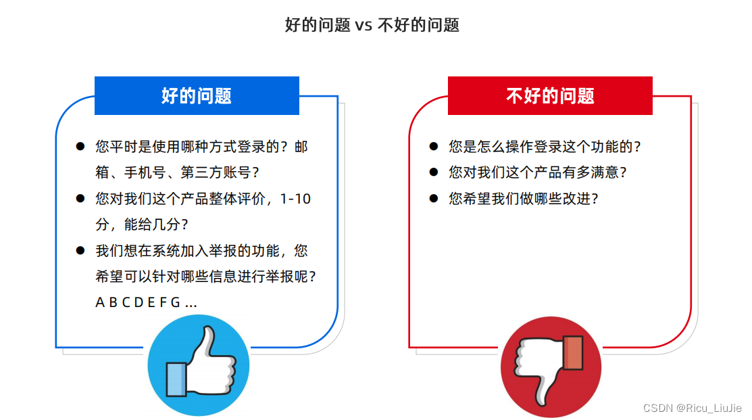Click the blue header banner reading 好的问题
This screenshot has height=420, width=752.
(197, 95)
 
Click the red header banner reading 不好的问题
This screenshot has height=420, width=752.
(550, 95)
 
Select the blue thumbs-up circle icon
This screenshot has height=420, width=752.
(199, 366)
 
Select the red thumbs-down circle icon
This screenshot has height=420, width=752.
(551, 367)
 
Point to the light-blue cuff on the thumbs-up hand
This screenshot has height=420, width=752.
(176, 379)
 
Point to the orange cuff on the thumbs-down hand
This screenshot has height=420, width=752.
(572, 352)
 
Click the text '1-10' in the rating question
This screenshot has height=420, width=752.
(295, 199)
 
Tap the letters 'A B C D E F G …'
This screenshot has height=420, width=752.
(146, 302)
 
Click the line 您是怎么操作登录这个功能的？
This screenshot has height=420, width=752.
(545, 146)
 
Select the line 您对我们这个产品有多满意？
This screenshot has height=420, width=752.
(538, 172)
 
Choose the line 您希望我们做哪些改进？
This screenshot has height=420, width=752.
(524, 199)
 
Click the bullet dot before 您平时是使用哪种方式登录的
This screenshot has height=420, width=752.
(80, 146)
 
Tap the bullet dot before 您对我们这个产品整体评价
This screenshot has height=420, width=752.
(80, 199)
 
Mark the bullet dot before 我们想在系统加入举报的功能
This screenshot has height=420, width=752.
(80, 251)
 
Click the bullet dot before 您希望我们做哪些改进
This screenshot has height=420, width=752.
(433, 199)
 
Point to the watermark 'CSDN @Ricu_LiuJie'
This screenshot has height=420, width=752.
(692, 408)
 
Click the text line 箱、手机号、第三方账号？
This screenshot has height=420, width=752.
(178, 172)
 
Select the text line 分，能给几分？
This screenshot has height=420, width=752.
(142, 225)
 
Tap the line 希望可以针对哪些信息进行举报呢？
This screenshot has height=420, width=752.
(206, 277)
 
